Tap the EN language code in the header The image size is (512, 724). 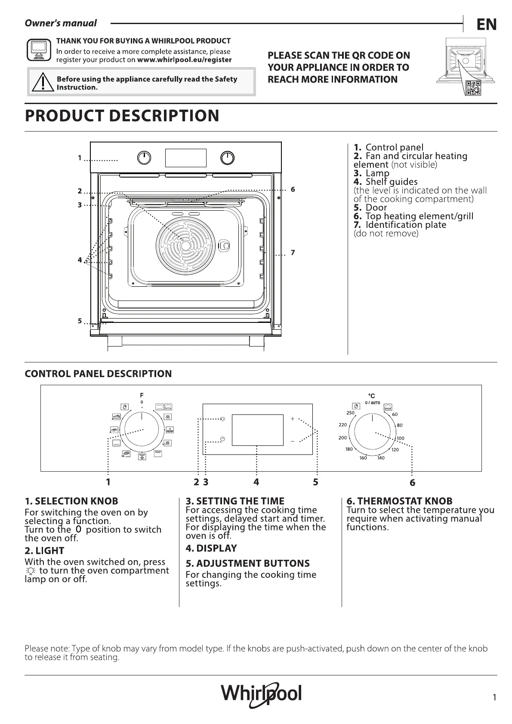click(x=487, y=25)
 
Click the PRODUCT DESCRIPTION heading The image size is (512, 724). click(x=122, y=116)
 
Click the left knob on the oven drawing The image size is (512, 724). click(x=144, y=158)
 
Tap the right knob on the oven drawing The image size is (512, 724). click(x=227, y=158)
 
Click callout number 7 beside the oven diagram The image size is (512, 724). click(x=293, y=252)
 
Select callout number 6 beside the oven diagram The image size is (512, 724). click(x=293, y=189)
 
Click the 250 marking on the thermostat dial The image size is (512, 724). click(x=350, y=413)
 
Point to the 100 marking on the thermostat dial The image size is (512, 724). click(x=401, y=438)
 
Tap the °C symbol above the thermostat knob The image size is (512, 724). click(x=371, y=396)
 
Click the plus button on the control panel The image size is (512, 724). click(x=293, y=419)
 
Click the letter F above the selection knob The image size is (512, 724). click(x=142, y=395)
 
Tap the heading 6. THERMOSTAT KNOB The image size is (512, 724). click(x=399, y=501)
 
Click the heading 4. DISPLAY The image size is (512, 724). click(x=211, y=548)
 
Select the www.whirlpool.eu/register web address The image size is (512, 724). click(x=184, y=60)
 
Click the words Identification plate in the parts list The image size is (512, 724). click(x=406, y=224)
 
